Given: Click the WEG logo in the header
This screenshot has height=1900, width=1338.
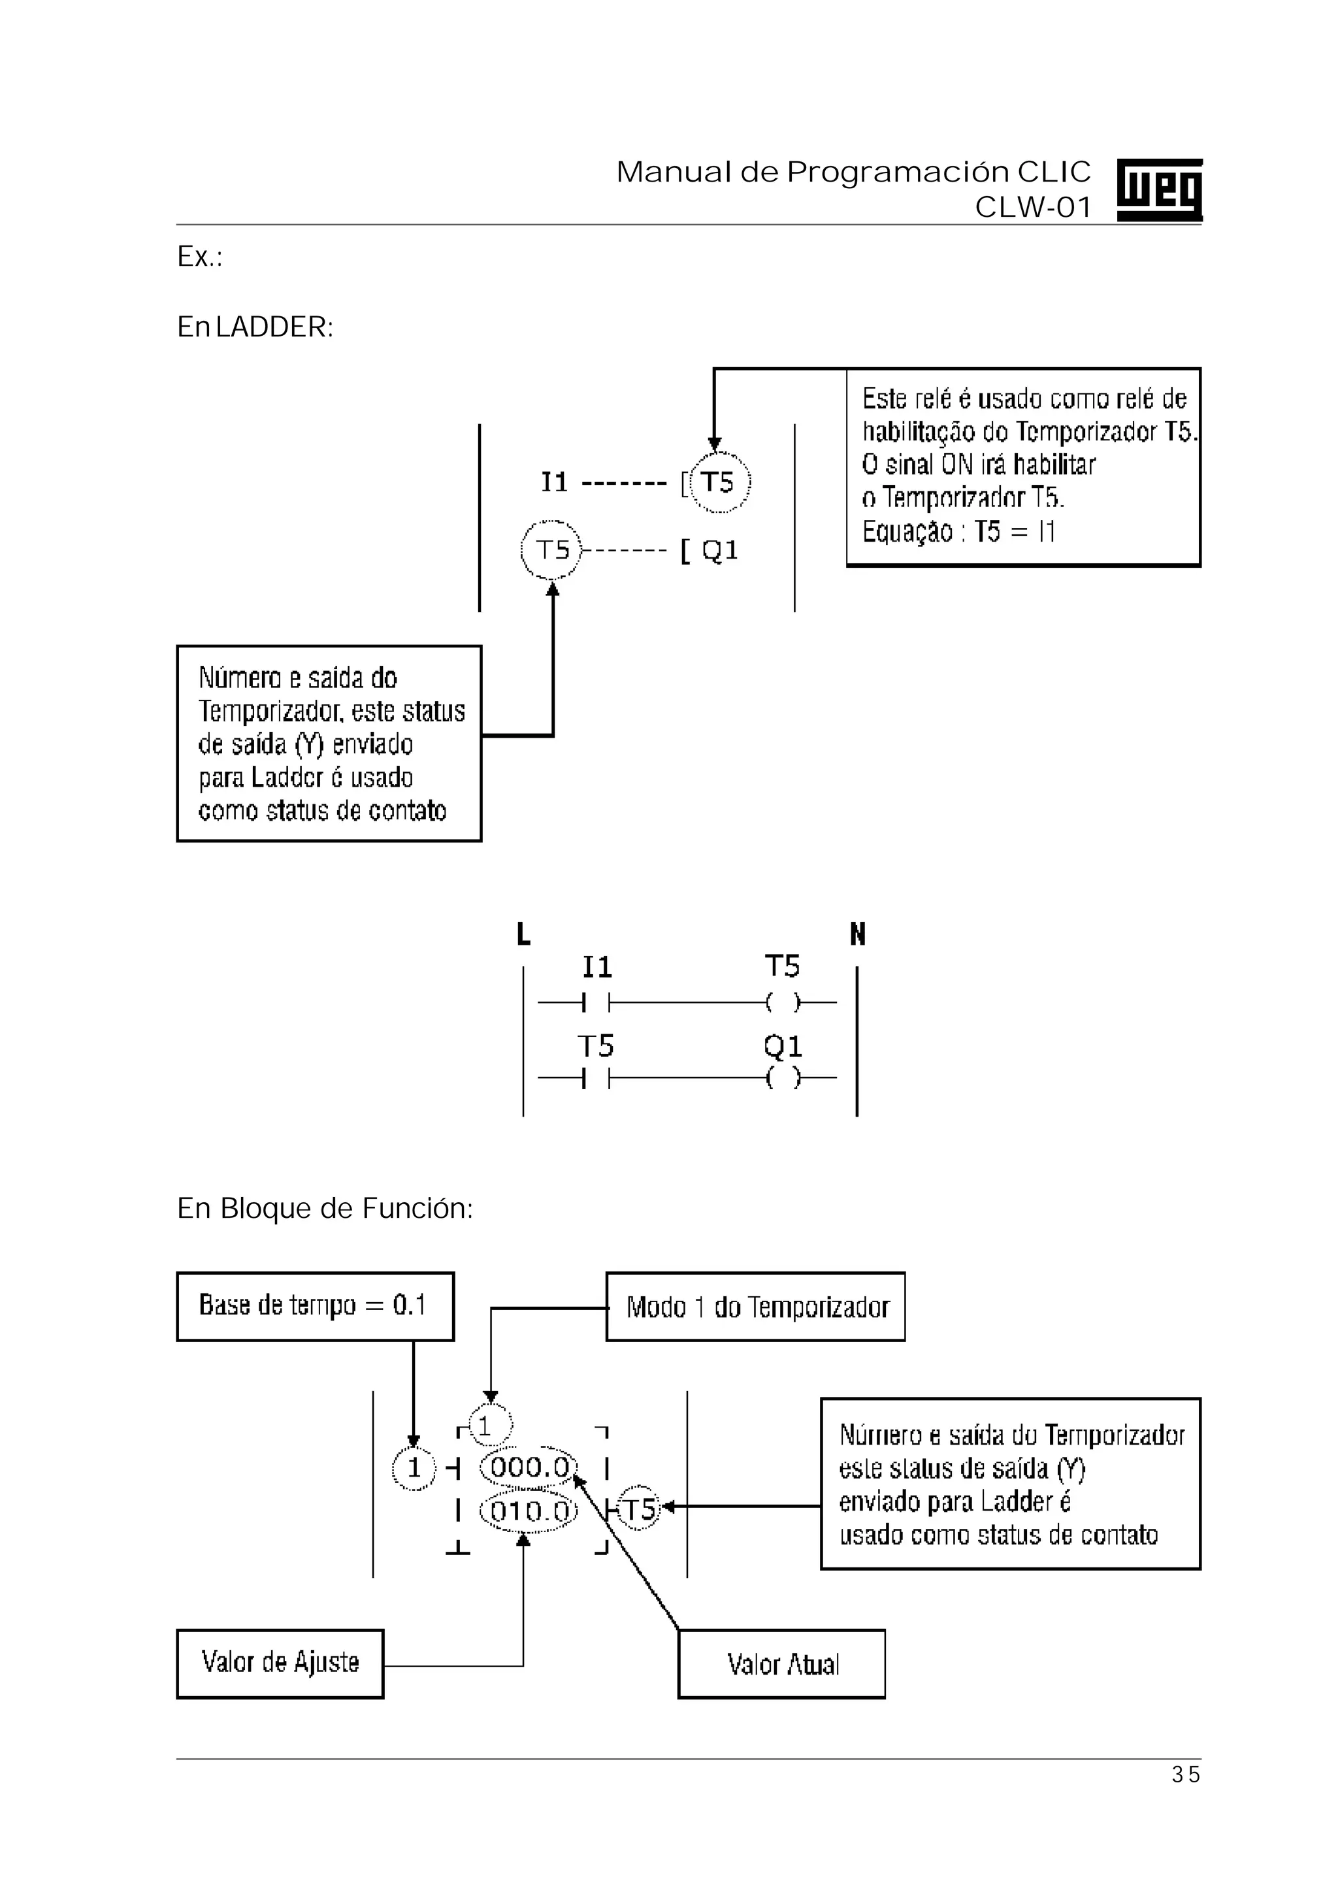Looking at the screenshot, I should coord(1158,189).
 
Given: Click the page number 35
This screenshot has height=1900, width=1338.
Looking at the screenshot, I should coord(1185,1774).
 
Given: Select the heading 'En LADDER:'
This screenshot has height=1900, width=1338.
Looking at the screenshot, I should coord(255,328).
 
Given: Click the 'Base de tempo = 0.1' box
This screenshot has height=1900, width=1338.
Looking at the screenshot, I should coord(314,1306).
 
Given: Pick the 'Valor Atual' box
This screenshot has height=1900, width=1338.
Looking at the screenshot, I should coord(781,1664).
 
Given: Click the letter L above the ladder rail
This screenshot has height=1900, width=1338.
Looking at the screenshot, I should coord(523,935).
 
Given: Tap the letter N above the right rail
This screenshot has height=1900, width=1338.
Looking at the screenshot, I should coord(857,935).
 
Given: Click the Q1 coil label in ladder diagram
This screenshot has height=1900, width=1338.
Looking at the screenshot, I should coord(782,1047).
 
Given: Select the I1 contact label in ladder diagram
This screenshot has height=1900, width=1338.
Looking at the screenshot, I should coord(596,966).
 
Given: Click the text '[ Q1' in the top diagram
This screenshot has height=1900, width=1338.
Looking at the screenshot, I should coord(709,550).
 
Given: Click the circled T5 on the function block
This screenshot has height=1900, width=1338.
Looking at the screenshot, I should coord(639,1509).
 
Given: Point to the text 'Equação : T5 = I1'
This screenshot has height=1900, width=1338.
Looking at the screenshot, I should coord(958,531).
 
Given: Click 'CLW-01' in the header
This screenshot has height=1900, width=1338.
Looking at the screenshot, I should coord(1033,207).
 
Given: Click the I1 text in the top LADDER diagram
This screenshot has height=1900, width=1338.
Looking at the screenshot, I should coord(555,482).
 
